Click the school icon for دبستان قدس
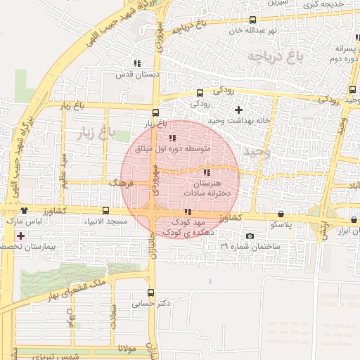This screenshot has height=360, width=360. [x=136, y=63]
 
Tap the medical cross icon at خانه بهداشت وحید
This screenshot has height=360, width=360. [x=238, y=110]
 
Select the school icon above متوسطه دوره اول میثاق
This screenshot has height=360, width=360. [x=172, y=138]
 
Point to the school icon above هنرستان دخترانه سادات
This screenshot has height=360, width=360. [x=206, y=172]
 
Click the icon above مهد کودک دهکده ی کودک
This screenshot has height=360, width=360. [x=187, y=212]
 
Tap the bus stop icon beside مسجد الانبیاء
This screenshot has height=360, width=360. [x=105, y=210]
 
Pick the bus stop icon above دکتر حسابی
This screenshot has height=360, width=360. [x=151, y=292]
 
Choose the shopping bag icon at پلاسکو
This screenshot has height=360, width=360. [x=281, y=214]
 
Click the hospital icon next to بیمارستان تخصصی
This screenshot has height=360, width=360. [x=20, y=236]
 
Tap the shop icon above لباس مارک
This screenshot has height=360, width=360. [x=25, y=210]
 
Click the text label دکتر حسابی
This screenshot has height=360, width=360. [x=151, y=304]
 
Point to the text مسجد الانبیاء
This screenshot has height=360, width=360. [x=105, y=222]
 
